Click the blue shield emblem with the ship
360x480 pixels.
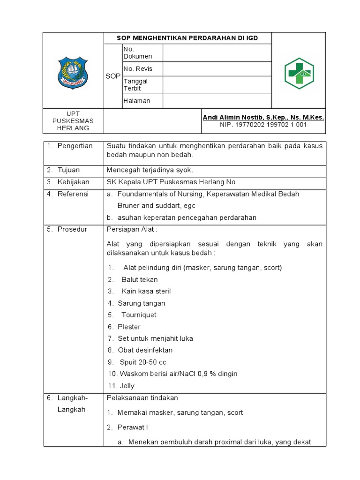(x=72, y=73)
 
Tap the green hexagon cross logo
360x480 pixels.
(x=299, y=74)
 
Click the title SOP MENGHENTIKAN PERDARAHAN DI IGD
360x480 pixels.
(x=187, y=38)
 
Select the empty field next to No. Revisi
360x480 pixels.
(x=217, y=69)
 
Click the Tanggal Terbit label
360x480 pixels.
(x=135, y=85)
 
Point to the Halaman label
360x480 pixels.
(x=137, y=101)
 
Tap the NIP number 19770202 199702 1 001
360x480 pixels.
(x=263, y=125)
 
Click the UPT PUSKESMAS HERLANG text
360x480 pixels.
(x=73, y=121)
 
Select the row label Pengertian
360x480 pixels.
(x=75, y=146)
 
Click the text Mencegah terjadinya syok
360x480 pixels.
(x=150, y=170)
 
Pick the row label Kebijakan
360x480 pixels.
(x=73, y=182)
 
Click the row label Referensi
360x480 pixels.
(x=73, y=194)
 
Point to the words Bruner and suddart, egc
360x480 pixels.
(x=156, y=205)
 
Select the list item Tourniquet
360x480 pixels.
(x=138, y=315)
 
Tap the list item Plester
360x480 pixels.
(x=129, y=327)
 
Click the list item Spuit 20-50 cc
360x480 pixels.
(x=142, y=362)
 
